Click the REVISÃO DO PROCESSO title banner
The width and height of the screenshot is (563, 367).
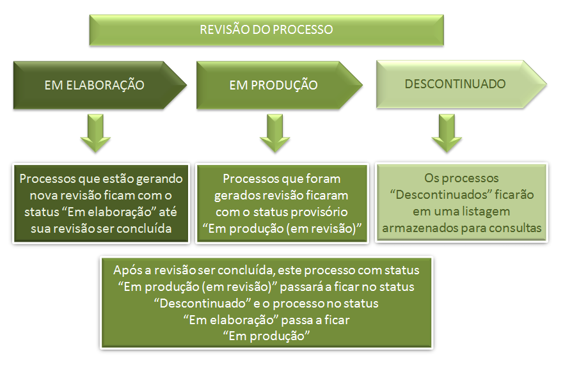point(266,29)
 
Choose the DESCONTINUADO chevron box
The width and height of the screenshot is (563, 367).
point(456,84)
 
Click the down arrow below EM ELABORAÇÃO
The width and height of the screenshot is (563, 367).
point(94,133)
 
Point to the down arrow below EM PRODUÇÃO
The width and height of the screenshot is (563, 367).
point(275,133)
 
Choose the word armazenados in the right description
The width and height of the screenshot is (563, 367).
point(418,227)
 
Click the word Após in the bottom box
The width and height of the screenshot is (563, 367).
point(126,270)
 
